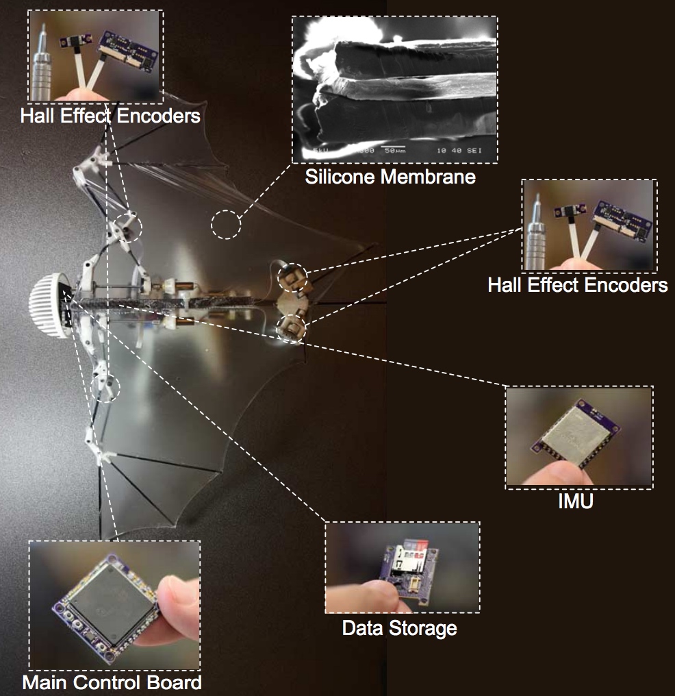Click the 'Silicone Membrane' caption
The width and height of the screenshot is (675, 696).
coord(390,177)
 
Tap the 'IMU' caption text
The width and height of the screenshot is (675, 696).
coord(575,501)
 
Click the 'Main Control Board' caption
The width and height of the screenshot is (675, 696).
coord(112,682)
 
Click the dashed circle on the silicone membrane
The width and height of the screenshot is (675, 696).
coord(226,224)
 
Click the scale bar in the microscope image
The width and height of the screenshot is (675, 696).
coord(394,147)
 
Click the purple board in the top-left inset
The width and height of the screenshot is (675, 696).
coord(126,49)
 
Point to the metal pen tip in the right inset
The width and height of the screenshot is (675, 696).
coord(539,226)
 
